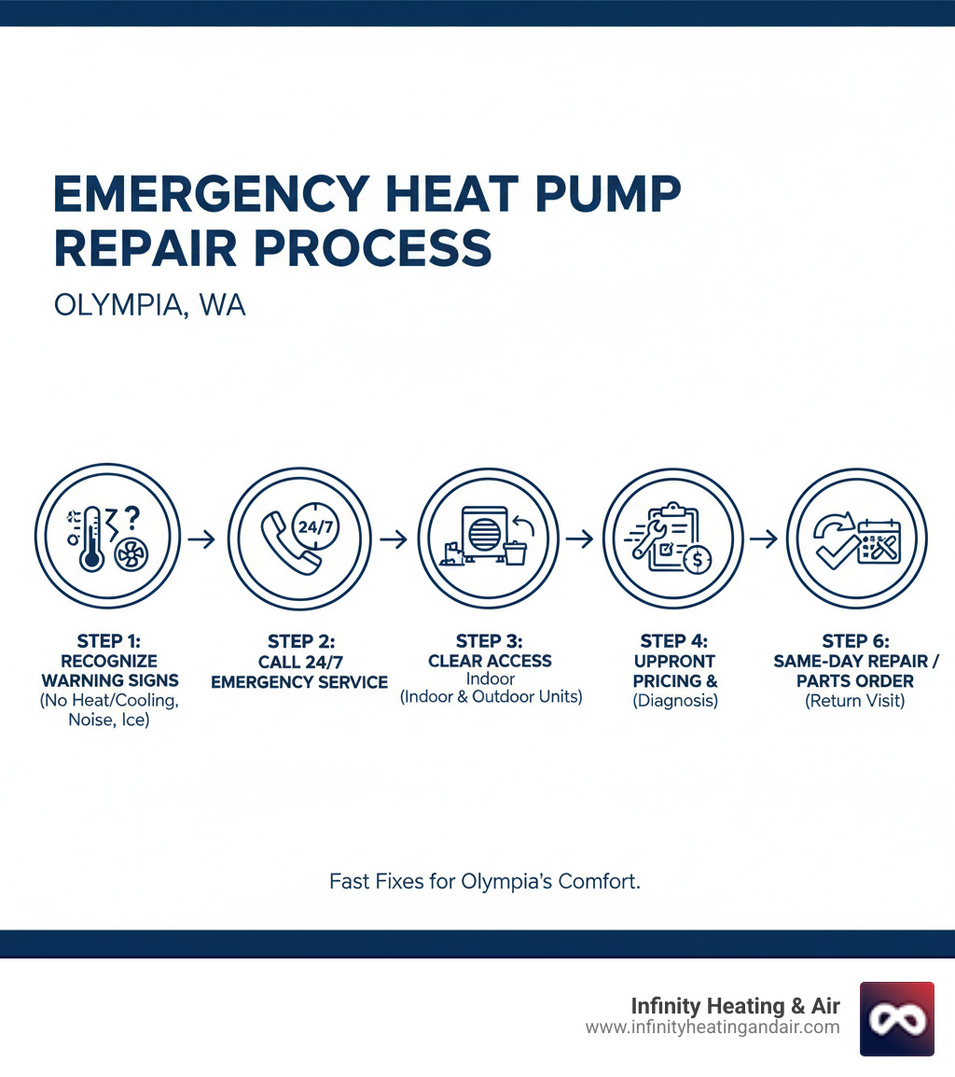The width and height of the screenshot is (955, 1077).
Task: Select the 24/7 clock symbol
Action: [313, 526]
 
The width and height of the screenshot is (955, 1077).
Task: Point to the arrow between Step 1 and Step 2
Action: [201, 539]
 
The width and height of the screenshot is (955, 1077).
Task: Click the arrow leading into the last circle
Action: [763, 539]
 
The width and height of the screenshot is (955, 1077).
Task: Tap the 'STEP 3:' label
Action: [490, 641]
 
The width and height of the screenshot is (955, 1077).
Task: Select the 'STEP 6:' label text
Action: [855, 641]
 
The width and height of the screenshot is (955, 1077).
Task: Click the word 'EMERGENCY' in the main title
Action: [206, 195]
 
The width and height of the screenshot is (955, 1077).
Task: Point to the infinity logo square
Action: [896, 1018]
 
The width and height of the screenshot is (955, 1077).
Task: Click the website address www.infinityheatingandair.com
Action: [713, 1028]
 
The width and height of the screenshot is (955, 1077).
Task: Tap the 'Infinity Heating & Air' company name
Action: [736, 1006]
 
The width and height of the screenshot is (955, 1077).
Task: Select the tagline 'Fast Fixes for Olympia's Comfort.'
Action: [485, 881]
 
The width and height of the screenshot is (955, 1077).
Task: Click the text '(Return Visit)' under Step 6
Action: [855, 701]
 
